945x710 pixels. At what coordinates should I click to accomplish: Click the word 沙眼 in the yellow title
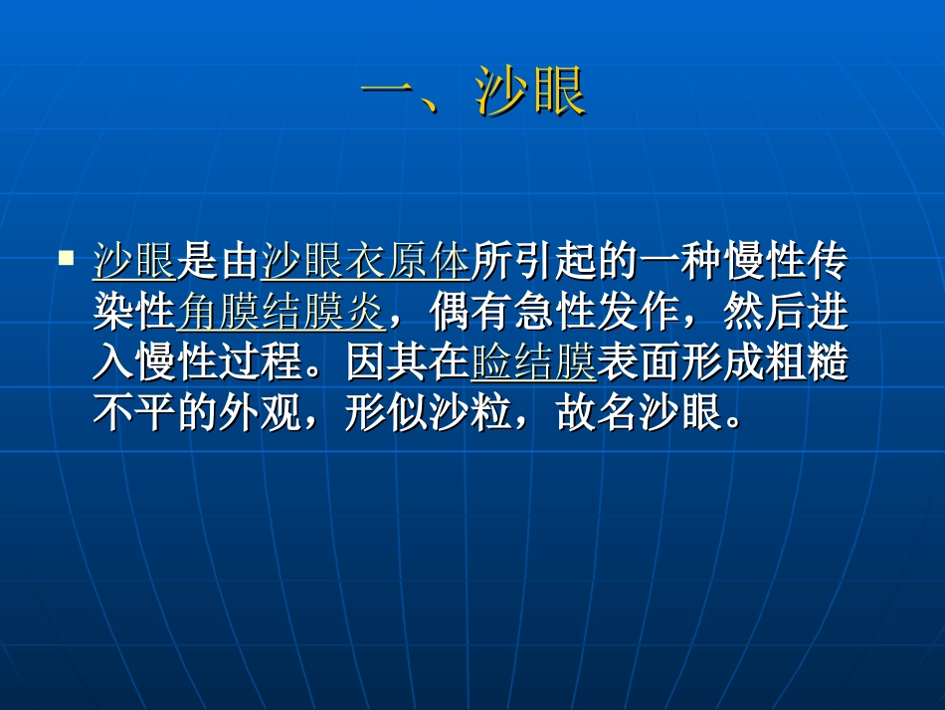click(531, 95)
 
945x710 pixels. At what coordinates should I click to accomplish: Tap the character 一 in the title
click(387, 95)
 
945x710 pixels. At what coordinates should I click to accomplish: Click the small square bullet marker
click(67, 258)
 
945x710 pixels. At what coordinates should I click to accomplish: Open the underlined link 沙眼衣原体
click(365, 262)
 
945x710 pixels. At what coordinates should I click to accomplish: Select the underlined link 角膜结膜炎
click(281, 313)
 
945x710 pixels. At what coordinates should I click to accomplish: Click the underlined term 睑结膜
click(533, 364)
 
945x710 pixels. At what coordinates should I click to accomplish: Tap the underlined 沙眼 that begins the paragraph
click(134, 262)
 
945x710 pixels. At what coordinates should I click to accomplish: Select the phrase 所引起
click(512, 262)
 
